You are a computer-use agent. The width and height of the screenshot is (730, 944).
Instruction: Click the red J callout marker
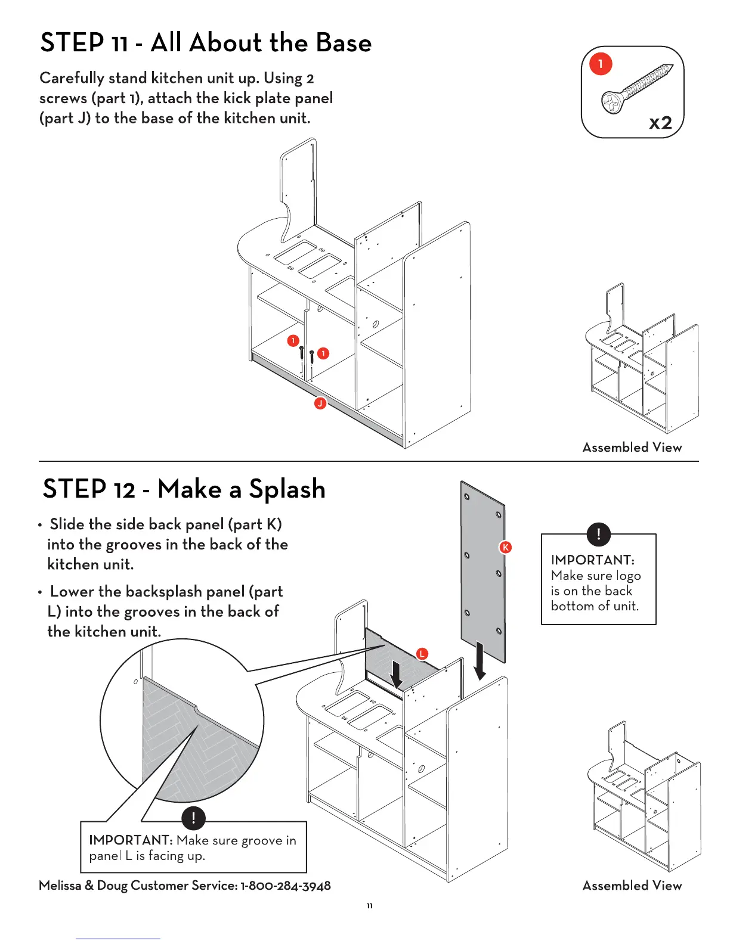point(320,403)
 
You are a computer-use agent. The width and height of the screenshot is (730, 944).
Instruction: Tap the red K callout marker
point(506,547)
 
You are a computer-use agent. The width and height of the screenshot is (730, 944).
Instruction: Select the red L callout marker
point(422,654)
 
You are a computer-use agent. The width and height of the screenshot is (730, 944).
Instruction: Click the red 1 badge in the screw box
point(601,64)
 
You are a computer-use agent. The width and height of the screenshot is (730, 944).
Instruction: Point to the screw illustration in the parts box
point(638,88)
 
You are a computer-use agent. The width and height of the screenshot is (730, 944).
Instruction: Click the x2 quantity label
point(660,123)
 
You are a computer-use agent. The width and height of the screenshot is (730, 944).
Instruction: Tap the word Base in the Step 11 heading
point(344,43)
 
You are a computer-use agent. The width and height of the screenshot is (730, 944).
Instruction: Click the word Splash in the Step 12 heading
point(287,489)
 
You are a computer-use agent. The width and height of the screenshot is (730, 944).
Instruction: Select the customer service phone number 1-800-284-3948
point(286,886)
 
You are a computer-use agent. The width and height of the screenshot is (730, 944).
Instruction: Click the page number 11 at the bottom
point(370,906)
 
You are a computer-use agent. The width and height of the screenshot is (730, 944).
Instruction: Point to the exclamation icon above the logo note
point(598,534)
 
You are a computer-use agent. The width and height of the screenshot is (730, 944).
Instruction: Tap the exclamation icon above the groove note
point(193,818)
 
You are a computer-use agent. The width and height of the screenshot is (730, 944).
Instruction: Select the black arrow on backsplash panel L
point(395,674)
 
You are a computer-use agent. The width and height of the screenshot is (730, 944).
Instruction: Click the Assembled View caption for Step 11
point(632,448)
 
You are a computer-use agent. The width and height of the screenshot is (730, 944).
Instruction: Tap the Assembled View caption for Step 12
point(632,886)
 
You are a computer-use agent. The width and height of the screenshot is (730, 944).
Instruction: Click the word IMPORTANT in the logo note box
point(592,560)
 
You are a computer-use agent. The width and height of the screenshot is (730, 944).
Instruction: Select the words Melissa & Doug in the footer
point(83,886)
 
